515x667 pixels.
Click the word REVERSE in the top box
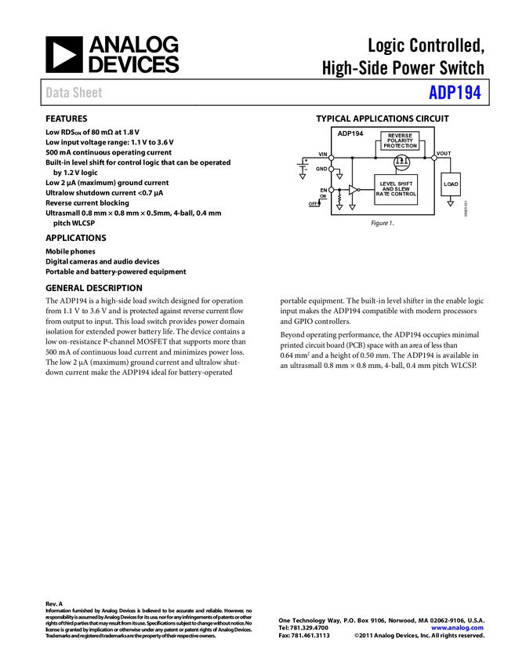click(x=400, y=136)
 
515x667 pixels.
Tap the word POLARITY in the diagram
click(x=400, y=140)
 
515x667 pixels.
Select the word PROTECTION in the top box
click(x=400, y=146)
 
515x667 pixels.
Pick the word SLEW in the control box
click(x=404, y=189)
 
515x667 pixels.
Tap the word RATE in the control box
click(x=383, y=194)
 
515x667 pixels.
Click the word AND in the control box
click(x=388, y=189)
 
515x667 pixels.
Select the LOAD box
click(x=451, y=184)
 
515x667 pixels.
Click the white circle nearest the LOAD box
click(x=433, y=158)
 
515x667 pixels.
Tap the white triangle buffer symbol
click(x=353, y=190)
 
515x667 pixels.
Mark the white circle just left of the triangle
click(x=331, y=190)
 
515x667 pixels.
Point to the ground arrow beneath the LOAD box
click(x=450, y=204)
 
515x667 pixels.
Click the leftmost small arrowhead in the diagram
click(x=302, y=177)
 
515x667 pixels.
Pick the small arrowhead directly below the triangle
click(x=352, y=207)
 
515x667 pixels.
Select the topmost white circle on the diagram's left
click(x=331, y=158)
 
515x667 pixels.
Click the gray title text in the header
click(x=74, y=93)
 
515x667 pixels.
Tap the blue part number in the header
click(x=455, y=93)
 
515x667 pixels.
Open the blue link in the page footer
click(x=457, y=628)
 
